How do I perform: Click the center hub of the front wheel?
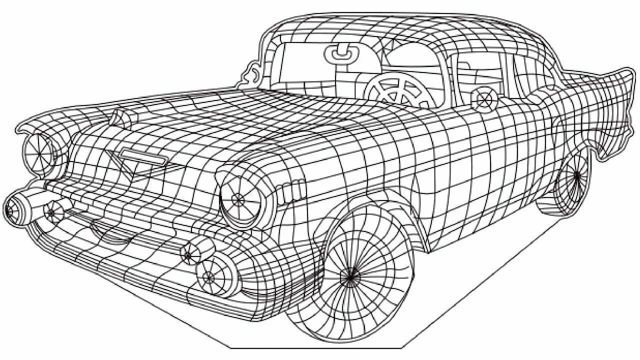(x=350, y=275)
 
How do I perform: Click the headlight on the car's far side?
(x=38, y=150)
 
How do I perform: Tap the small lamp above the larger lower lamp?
(x=188, y=255)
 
